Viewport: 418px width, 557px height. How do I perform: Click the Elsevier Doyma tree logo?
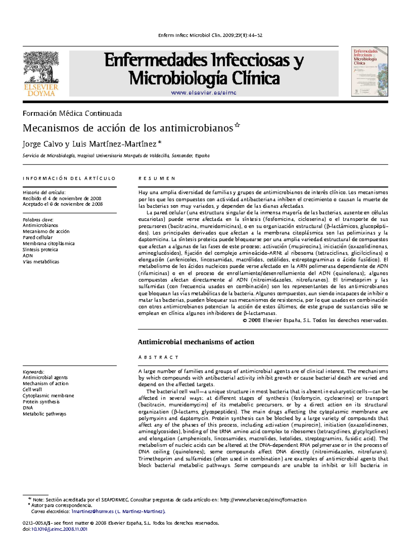(x=41, y=74)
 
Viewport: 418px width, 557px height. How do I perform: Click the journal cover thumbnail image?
(x=369, y=72)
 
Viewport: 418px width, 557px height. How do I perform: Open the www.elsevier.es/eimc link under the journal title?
(x=204, y=93)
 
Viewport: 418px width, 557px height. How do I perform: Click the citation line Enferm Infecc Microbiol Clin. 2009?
(x=210, y=35)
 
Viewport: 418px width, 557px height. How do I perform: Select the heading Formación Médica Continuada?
(x=72, y=113)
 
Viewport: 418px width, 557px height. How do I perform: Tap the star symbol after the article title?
(x=237, y=125)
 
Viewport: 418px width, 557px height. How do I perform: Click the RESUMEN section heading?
(x=157, y=178)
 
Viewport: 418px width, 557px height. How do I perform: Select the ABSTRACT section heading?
(x=158, y=357)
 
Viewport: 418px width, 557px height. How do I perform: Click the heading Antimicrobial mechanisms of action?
(x=196, y=342)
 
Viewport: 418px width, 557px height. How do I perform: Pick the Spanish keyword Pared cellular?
(x=38, y=238)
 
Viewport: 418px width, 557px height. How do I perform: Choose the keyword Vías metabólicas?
(x=41, y=262)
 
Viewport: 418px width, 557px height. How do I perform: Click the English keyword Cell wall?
(x=32, y=389)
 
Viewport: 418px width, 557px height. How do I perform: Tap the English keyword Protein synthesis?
(x=41, y=402)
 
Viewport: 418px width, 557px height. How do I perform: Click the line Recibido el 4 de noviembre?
(x=62, y=198)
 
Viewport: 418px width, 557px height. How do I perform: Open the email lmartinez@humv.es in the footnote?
(x=92, y=511)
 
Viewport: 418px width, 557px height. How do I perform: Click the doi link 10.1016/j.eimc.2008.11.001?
(x=59, y=529)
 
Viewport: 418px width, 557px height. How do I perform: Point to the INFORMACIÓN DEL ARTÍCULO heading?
(x=69, y=178)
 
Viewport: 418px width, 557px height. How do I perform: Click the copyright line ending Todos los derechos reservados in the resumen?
(x=315, y=320)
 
